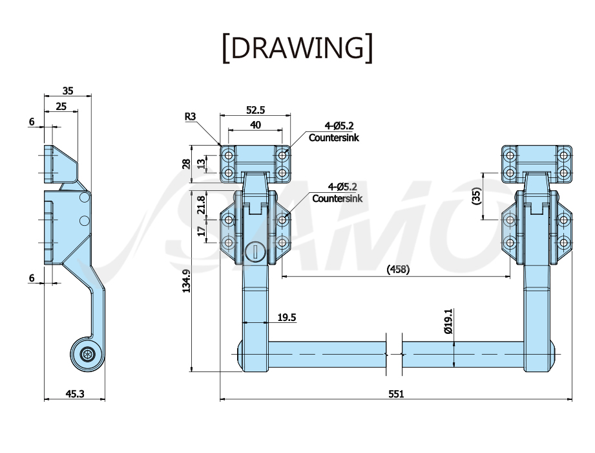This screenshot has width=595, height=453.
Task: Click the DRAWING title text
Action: tap(297, 48)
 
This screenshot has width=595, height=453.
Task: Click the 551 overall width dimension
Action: tap(396, 393)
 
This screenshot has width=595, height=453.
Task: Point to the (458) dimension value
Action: tap(398, 269)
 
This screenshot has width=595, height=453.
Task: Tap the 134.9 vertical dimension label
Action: tap(186, 281)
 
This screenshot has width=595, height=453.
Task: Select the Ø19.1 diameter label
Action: tap(448, 321)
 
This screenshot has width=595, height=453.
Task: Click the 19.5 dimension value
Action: tap(286, 317)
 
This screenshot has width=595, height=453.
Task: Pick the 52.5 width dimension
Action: tap(255, 110)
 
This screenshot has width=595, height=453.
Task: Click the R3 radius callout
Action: tap(190, 116)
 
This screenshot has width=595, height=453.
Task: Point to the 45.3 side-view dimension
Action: tap(75, 393)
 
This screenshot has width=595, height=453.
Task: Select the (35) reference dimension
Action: tap(477, 196)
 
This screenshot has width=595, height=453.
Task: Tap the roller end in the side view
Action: tap(87, 354)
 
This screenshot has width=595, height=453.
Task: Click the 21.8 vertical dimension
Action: tap(201, 204)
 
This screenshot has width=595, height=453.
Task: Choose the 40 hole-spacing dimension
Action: tap(255, 125)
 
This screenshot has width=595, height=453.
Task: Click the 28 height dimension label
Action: tap(186, 164)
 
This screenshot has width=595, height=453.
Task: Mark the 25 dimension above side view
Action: tap(61, 106)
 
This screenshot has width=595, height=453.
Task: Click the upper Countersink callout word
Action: tap(333, 138)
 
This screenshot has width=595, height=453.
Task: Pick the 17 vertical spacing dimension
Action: tap(201, 230)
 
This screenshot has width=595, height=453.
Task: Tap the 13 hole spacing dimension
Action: tap(201, 164)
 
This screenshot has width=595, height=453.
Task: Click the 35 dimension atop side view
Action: tap(68, 91)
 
